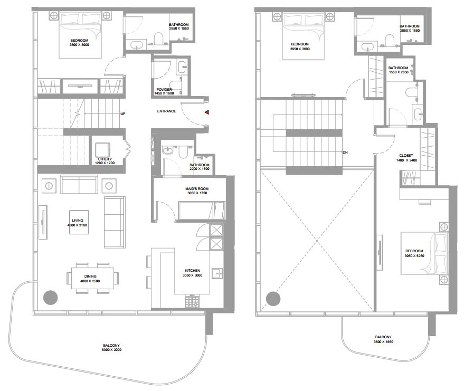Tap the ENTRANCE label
pos(167,111)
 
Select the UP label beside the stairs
pos(123,113)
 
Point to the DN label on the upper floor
pos(345,152)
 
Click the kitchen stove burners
pos(192,301)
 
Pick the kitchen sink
pos(217,273)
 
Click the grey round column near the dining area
pos(50,298)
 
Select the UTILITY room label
pos(105,159)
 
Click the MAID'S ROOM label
pos(197,189)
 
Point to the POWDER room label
pos(164,89)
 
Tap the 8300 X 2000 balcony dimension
pos(111,350)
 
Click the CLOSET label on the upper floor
pos(406,155)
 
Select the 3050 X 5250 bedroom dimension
pos(414,255)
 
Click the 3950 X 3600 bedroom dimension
pos(300,49)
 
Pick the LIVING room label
pos(78,221)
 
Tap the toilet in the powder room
pos(176,84)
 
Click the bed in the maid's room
pos(202,211)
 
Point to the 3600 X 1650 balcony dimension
pos(383,341)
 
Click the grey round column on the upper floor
pos(273,299)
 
